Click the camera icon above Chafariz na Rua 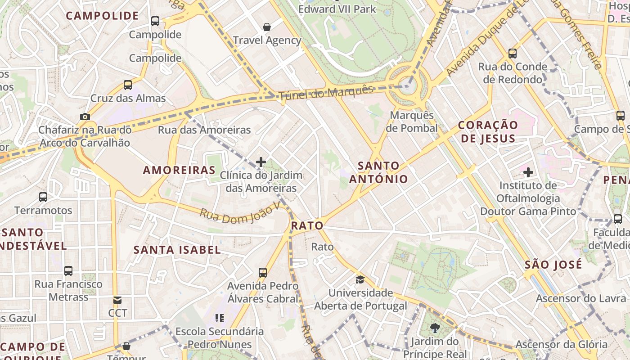pyautogui.click(x=85, y=117)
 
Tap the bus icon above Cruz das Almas pyautogui.click(x=128, y=85)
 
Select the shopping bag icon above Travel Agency pyautogui.click(x=267, y=27)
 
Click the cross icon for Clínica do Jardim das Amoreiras pyautogui.click(x=261, y=162)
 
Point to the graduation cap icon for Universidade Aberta pyautogui.click(x=360, y=280)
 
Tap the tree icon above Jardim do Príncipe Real pyautogui.click(x=435, y=328)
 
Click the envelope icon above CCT pyautogui.click(x=117, y=300)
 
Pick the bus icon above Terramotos pyautogui.click(x=43, y=197)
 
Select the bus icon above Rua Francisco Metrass pyautogui.click(x=68, y=270)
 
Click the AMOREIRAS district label pyautogui.click(x=179, y=170)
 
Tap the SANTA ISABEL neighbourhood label pyautogui.click(x=177, y=250)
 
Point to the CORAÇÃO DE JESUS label pyautogui.click(x=488, y=131)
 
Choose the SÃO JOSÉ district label pyautogui.click(x=553, y=265)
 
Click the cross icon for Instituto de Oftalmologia pyautogui.click(x=528, y=172)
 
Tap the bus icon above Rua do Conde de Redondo pyautogui.click(x=512, y=54)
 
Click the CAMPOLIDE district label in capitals pyautogui.click(x=102, y=16)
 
